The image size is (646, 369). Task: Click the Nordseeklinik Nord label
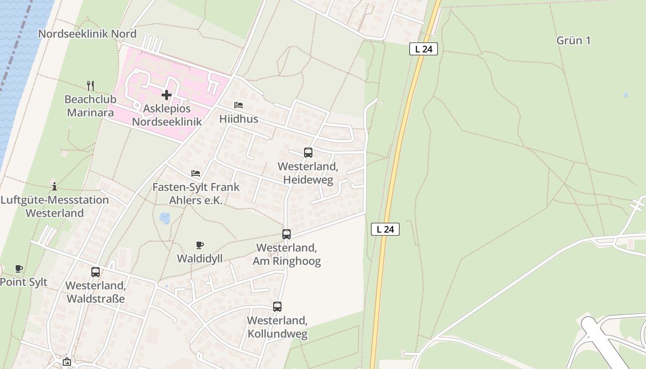coord(87,34)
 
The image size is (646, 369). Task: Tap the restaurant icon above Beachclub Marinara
coord(90,85)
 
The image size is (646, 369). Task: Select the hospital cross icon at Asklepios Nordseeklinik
coord(167,95)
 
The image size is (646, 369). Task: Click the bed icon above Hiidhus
coord(239,105)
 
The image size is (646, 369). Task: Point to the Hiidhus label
coord(239,119)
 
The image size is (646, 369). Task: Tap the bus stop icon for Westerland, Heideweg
coord(308,152)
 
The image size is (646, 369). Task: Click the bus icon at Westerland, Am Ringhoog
coord(287,234)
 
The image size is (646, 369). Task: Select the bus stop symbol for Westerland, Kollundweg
coord(277,306)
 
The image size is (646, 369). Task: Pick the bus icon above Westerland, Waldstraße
coord(96,272)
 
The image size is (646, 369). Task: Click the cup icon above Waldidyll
coord(200,245)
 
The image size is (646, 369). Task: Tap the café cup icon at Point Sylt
coord(19,268)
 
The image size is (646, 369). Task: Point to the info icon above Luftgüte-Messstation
coord(54,186)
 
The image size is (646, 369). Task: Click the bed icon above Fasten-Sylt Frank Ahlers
coord(196,173)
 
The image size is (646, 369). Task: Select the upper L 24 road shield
coord(423,49)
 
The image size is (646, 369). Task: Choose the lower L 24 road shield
coord(385,229)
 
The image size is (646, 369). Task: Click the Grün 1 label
coord(573,41)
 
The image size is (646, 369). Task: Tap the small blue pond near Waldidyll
coord(164,218)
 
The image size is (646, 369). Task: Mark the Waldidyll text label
coord(200,258)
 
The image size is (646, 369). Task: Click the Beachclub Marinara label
coord(90,106)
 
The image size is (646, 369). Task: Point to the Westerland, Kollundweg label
coord(277,327)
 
